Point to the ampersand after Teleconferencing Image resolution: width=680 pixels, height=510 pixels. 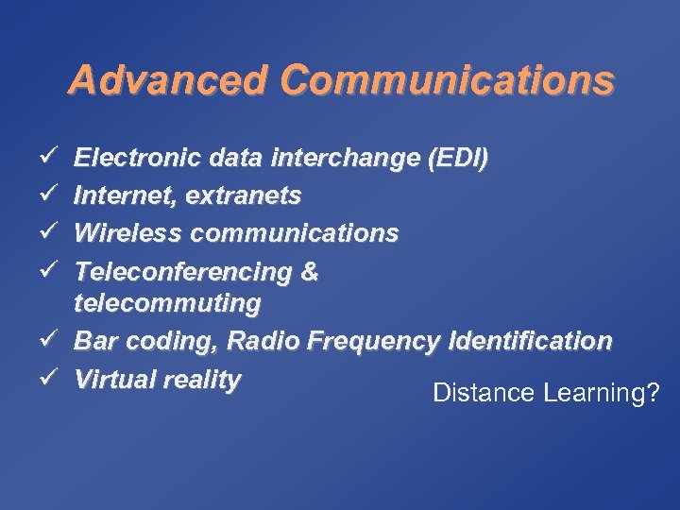click(x=309, y=271)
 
